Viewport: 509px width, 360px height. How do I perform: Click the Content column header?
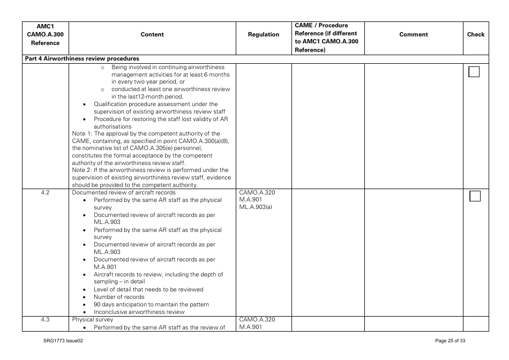(152, 34)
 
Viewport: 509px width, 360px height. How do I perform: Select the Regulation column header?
(263, 34)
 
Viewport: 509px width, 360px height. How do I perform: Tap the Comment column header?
(413, 34)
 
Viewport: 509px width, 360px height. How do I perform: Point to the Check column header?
(475, 34)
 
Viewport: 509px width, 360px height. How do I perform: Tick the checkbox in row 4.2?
(475, 196)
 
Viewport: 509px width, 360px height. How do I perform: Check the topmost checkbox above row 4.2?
(474, 72)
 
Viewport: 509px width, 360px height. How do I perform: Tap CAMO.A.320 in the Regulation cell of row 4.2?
(257, 193)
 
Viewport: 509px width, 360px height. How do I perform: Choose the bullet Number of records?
(119, 297)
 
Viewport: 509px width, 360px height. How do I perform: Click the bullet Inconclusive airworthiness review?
(139, 312)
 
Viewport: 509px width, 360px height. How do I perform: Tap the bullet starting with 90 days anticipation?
(151, 304)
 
